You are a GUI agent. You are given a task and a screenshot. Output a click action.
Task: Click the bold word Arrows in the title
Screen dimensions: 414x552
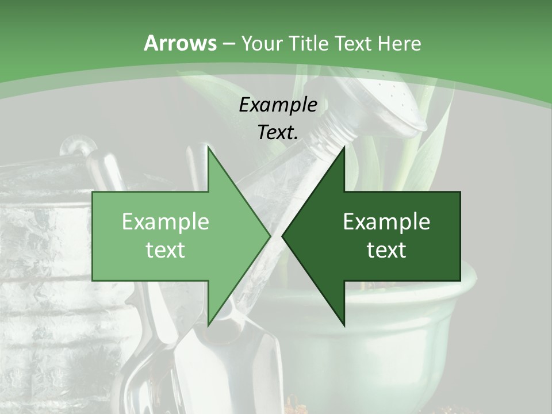point(180,43)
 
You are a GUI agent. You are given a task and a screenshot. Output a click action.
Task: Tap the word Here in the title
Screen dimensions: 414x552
point(399,43)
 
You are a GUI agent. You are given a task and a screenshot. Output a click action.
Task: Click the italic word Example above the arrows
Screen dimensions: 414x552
point(278,105)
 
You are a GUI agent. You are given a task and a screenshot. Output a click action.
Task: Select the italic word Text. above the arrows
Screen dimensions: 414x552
point(278,132)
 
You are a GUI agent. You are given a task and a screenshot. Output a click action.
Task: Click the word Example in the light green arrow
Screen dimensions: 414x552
point(166,222)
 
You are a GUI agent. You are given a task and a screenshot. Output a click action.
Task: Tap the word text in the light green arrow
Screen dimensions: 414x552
point(166,250)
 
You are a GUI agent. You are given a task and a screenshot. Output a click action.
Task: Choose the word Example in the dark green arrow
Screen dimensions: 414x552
point(386,222)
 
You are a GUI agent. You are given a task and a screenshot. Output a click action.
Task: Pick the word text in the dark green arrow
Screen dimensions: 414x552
point(386,250)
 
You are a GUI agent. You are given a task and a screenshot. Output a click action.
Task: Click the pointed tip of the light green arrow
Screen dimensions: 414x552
point(270,236)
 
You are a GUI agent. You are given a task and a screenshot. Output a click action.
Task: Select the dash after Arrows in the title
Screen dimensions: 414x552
point(228,44)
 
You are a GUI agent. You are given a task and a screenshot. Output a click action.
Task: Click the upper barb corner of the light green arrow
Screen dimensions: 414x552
point(209,147)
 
